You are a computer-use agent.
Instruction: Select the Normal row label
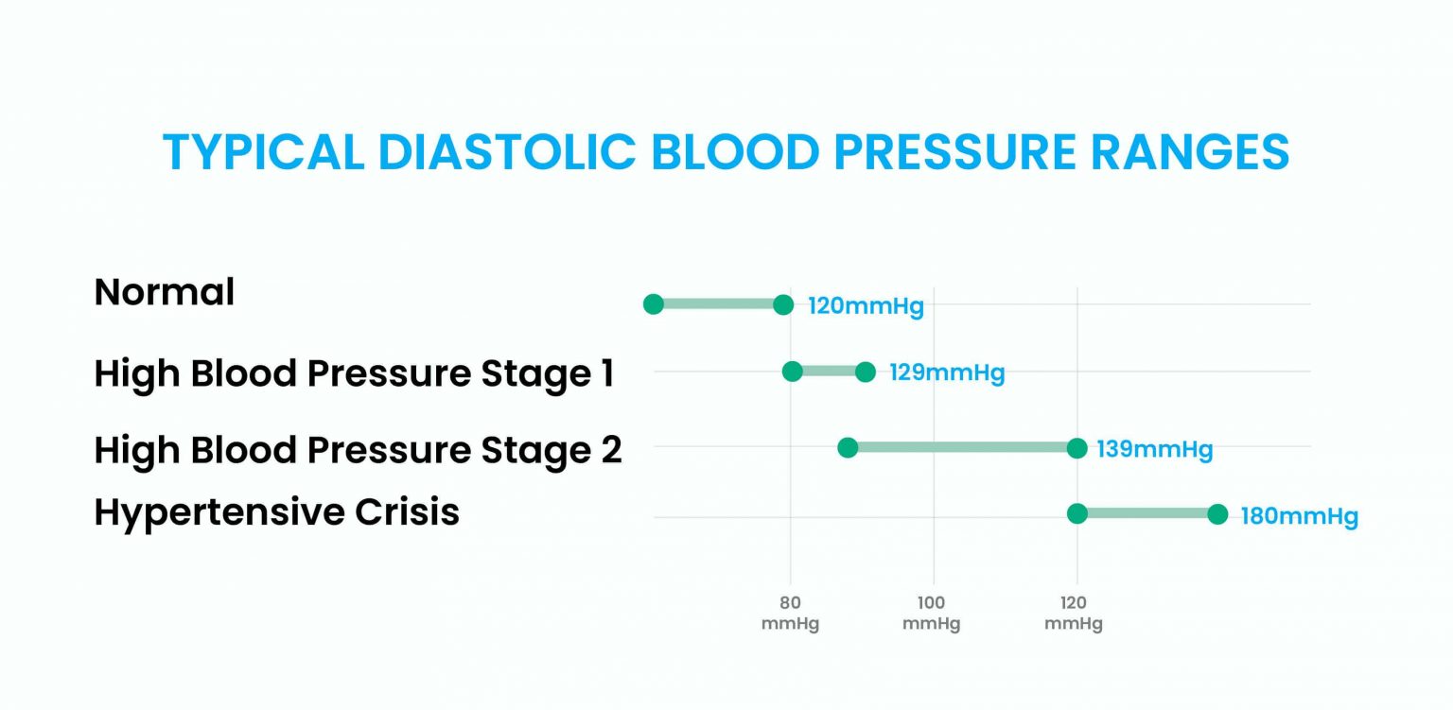click(164, 292)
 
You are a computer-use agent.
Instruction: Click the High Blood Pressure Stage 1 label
click(354, 373)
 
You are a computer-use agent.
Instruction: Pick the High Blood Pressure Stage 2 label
click(358, 450)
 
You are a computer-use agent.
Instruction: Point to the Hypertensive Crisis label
click(276, 511)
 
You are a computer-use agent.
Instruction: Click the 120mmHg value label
click(865, 306)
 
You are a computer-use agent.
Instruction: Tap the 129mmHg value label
click(946, 372)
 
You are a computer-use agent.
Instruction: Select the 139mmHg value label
click(1154, 449)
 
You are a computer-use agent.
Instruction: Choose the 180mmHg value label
click(1299, 517)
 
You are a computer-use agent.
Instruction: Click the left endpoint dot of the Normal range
click(653, 304)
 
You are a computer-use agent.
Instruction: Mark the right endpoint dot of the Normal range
click(783, 304)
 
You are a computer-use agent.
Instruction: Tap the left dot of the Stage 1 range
click(793, 372)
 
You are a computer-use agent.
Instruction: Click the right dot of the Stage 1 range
click(865, 372)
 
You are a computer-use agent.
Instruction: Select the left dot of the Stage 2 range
click(848, 447)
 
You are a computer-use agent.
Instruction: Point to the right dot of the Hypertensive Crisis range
click(1217, 514)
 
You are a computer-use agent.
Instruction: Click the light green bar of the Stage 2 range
click(962, 447)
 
